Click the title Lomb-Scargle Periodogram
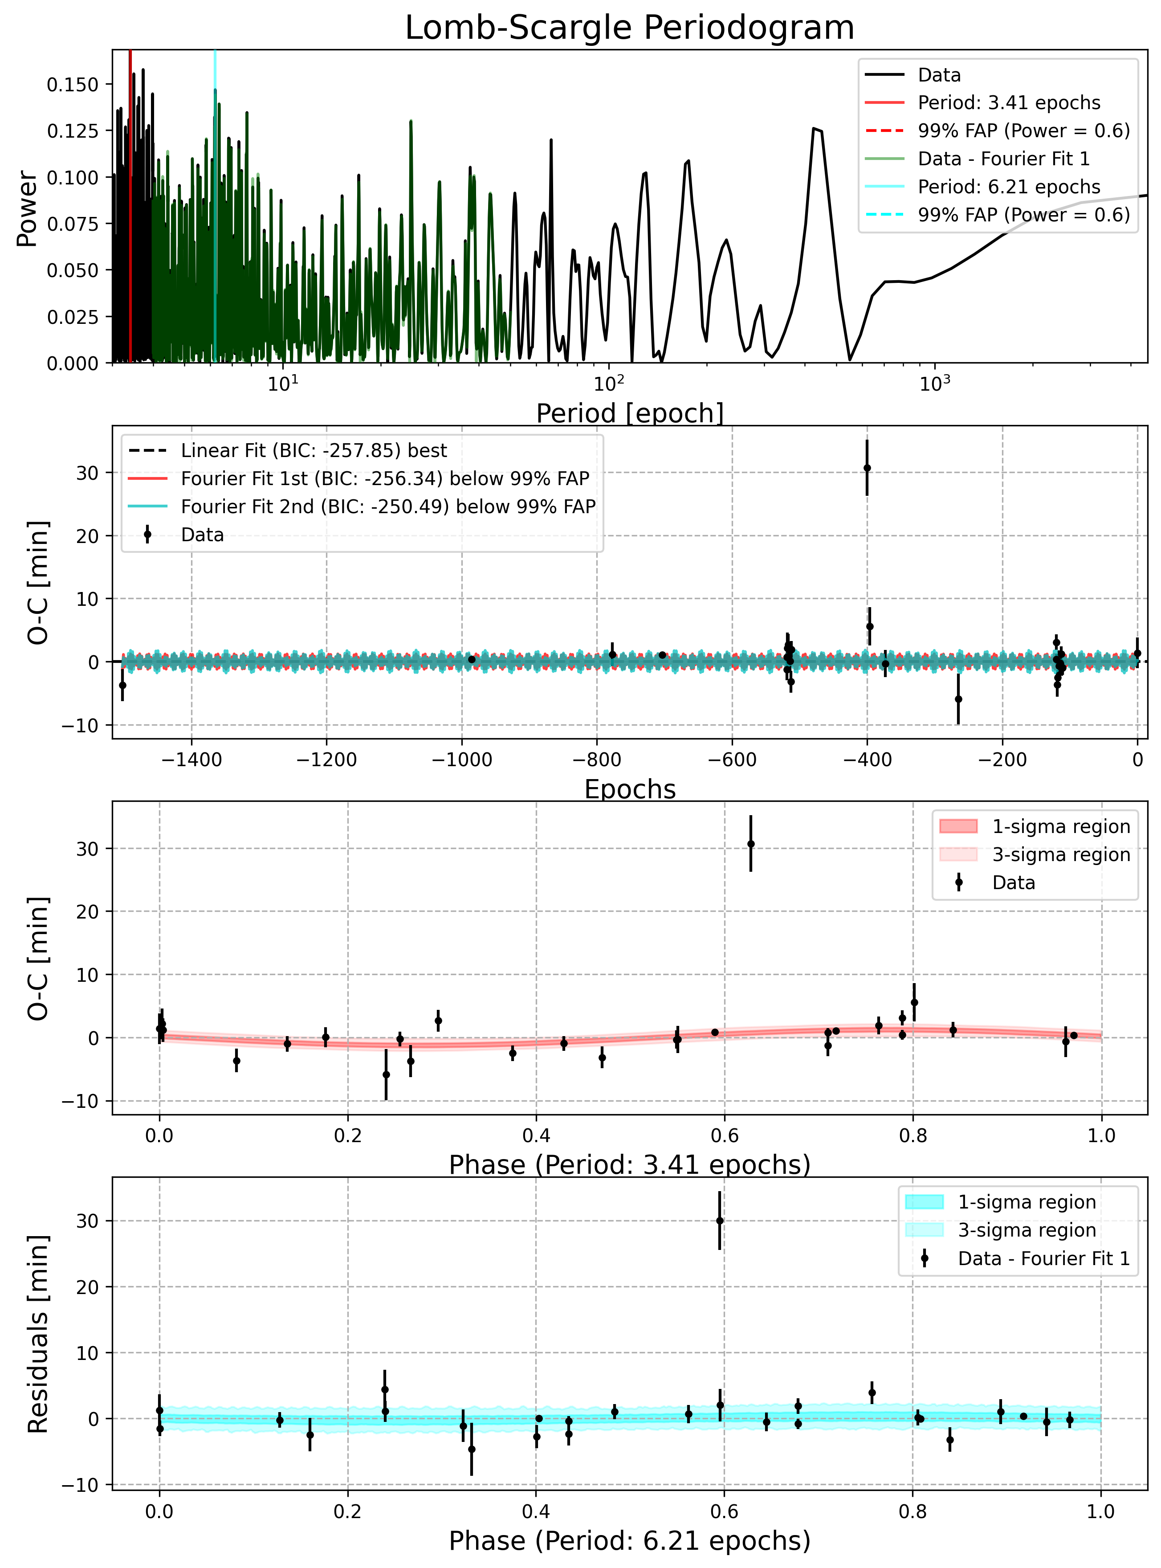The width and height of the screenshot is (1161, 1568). [630, 28]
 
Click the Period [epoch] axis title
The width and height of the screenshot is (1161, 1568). [630, 413]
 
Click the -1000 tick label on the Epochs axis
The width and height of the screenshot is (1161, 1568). [462, 760]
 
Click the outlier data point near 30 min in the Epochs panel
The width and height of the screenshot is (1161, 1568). [867, 468]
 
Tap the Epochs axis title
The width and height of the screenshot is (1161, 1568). [630, 789]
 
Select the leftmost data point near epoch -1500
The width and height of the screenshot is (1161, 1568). [122, 685]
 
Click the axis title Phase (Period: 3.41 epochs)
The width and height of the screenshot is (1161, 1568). [630, 1164]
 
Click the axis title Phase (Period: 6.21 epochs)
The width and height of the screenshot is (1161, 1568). [630, 1540]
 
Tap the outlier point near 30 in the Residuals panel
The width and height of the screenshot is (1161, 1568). [720, 1221]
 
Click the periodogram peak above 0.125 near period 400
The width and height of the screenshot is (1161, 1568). [814, 129]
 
